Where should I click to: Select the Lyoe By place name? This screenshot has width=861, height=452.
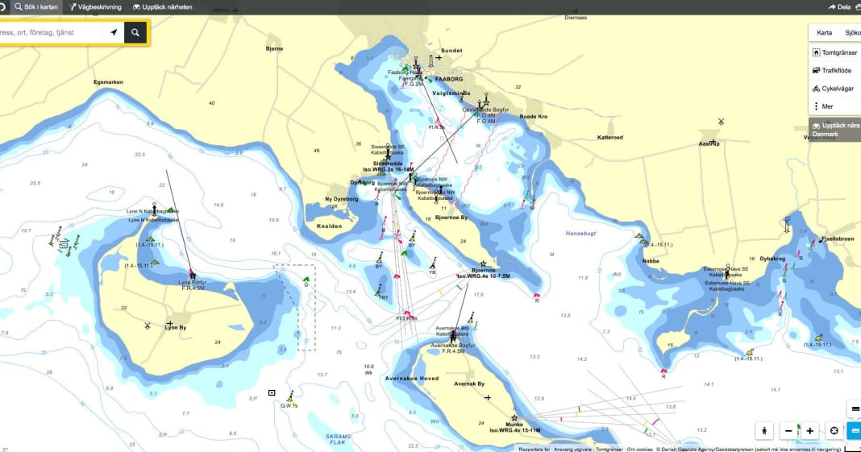tap(176, 328)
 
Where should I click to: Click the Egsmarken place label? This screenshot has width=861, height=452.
tap(108, 82)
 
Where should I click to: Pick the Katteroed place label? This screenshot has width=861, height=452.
tap(609, 137)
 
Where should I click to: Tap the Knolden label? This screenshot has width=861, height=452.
tap(329, 226)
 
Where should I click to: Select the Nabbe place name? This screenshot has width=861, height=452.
tap(651, 261)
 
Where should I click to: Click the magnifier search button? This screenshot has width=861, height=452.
tap(136, 32)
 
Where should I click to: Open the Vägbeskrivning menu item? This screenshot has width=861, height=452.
tap(95, 7)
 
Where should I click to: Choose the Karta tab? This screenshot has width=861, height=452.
tap(824, 33)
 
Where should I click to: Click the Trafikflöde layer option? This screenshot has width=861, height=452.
tap(837, 70)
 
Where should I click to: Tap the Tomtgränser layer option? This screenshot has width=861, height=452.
tap(838, 52)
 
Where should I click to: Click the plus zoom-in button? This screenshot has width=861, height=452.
tap(810, 430)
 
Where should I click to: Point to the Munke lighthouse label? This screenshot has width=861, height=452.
tap(514, 425)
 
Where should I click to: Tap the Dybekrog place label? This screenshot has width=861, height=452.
tap(772, 259)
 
